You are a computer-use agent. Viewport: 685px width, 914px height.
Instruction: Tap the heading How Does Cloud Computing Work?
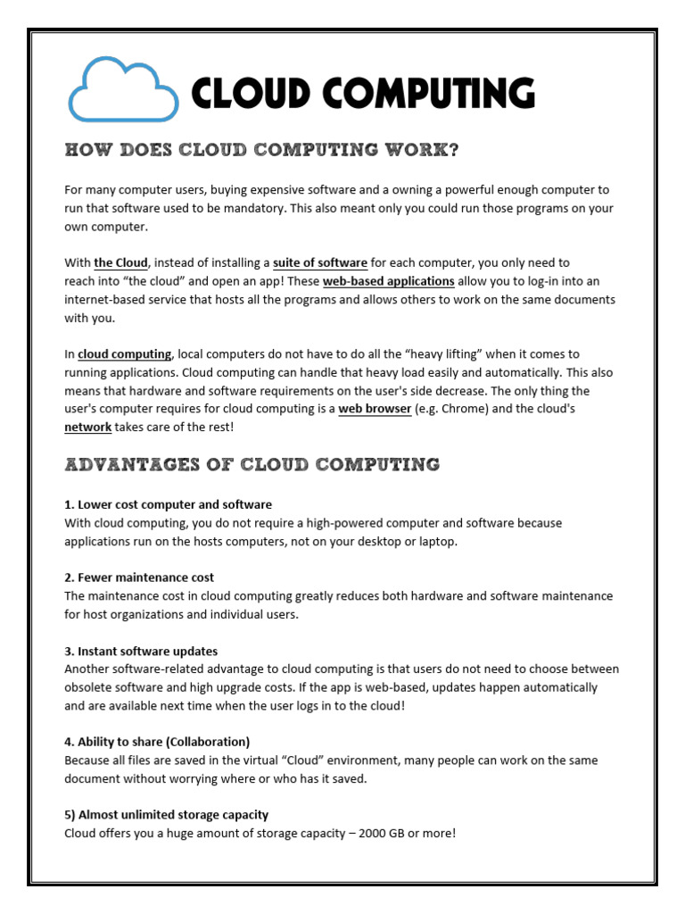point(262,150)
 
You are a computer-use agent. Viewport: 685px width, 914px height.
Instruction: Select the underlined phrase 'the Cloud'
point(120,262)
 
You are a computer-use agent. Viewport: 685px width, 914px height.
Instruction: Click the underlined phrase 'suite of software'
point(320,262)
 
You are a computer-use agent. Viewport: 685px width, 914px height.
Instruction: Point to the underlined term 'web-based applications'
point(388,281)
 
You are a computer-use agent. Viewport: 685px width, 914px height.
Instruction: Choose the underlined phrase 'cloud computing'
point(124,354)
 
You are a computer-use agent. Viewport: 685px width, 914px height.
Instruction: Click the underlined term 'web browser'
point(375,409)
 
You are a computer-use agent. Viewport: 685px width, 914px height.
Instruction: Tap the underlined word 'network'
point(87,428)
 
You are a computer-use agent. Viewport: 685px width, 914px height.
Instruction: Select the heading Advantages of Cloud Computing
point(252,464)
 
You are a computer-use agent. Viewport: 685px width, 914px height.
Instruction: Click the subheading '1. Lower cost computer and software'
point(168,504)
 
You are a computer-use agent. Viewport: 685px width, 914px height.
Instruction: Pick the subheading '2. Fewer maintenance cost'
point(139,577)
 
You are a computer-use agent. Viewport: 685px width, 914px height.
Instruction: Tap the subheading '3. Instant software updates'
point(141,651)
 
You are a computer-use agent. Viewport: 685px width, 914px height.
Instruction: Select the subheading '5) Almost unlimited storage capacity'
point(166,815)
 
